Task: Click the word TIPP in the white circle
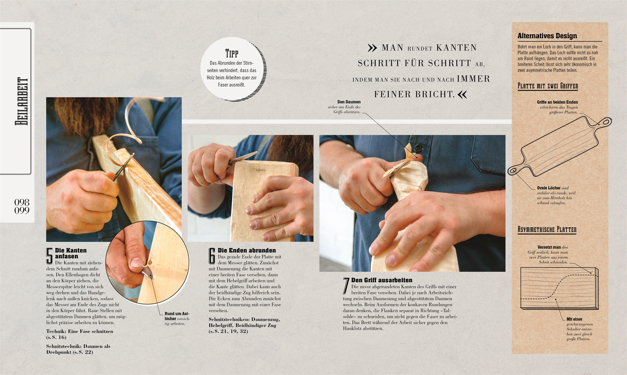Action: (x=231, y=54)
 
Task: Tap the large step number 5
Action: (x=50, y=256)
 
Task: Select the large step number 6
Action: (x=212, y=256)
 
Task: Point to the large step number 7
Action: (x=346, y=286)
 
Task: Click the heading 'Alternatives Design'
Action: (x=547, y=36)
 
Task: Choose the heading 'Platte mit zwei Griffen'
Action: (x=548, y=86)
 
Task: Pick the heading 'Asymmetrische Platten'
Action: (x=547, y=229)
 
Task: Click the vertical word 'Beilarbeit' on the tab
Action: (x=22, y=101)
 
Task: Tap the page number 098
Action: (x=22, y=202)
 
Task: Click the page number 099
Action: (x=22, y=210)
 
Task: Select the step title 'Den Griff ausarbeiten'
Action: (x=382, y=280)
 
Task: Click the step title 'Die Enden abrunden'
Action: (x=247, y=250)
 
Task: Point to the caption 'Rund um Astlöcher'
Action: (x=177, y=316)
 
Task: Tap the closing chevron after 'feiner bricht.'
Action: (x=462, y=94)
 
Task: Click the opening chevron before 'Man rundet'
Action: (x=372, y=48)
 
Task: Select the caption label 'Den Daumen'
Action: (x=349, y=102)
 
